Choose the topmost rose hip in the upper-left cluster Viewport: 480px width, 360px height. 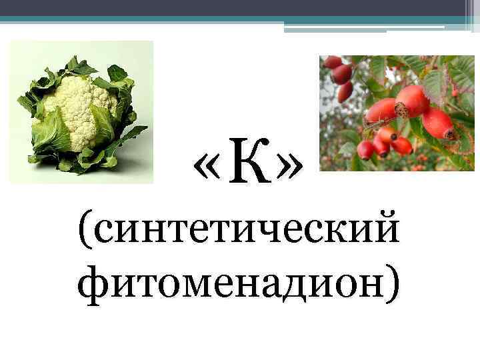tap(332, 63)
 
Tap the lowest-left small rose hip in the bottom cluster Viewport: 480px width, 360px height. tap(366, 150)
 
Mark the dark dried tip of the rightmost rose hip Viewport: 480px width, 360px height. tap(453, 133)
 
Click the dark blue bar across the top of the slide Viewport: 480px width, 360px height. tap(240, 8)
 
